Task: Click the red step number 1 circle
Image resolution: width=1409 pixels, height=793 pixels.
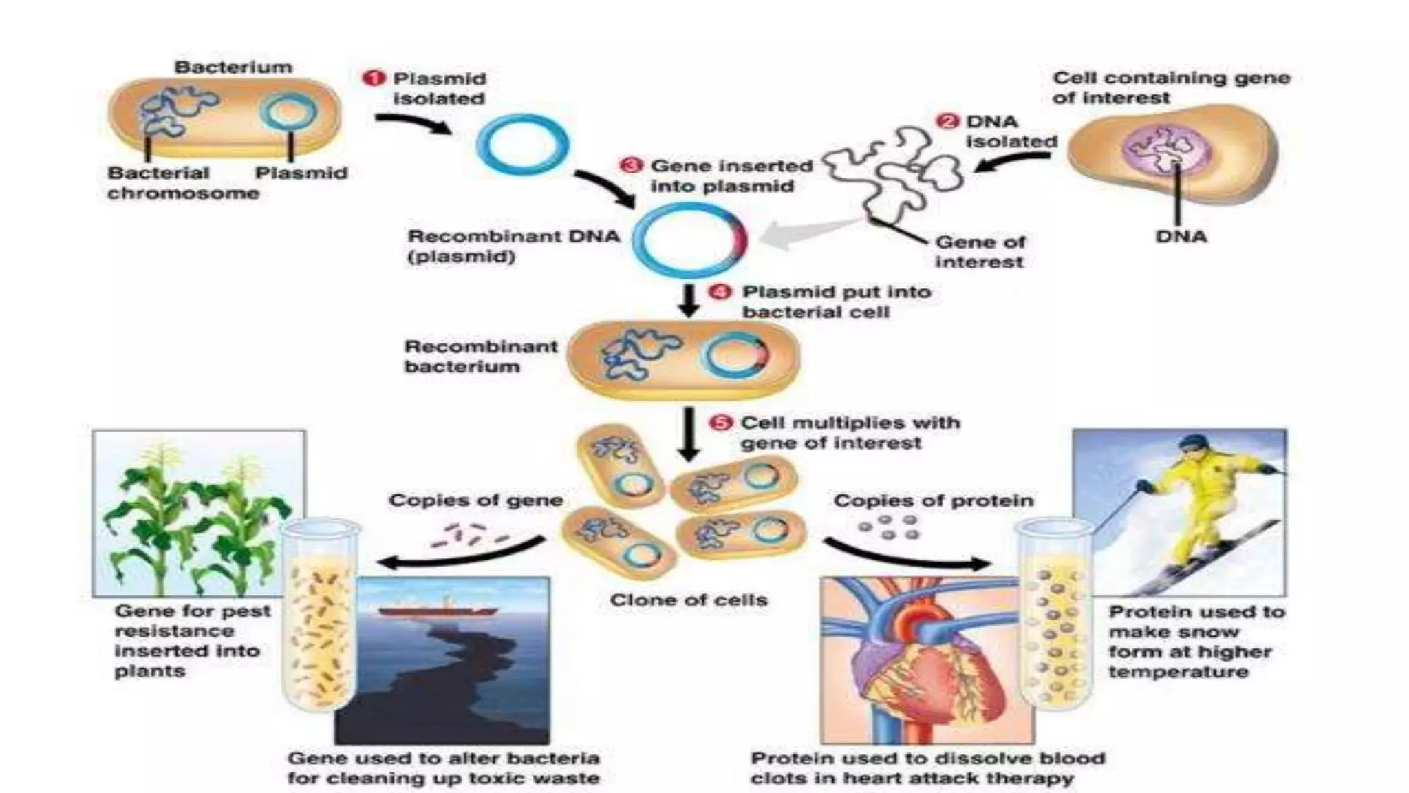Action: tap(373, 78)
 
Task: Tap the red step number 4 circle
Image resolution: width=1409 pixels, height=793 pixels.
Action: tap(720, 293)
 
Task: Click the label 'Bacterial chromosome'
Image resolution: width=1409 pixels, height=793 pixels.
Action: tap(182, 183)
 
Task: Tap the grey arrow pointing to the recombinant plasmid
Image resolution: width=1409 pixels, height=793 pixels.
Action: tap(805, 234)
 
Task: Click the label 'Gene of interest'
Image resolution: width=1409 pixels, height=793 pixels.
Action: tap(979, 252)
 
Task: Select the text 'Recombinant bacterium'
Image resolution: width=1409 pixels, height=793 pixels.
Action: tap(480, 357)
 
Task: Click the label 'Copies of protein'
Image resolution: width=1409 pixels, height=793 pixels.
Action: tap(933, 501)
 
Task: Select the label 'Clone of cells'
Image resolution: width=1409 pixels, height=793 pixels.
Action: tap(688, 600)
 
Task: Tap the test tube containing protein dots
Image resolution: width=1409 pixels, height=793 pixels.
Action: tap(1053, 616)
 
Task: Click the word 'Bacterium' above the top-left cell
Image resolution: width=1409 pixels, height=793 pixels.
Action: tap(233, 67)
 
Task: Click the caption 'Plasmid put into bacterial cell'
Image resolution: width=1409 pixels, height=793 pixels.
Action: tap(835, 302)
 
